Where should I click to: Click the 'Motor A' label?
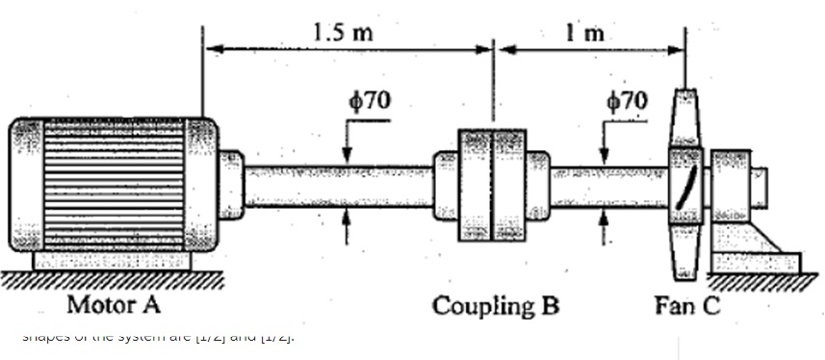(x=114, y=306)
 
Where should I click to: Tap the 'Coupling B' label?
(x=495, y=306)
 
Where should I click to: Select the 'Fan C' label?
(x=685, y=306)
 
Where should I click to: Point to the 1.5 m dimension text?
(x=344, y=32)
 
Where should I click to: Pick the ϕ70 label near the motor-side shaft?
(x=368, y=100)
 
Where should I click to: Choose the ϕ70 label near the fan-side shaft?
(x=627, y=100)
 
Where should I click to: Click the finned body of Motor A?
(x=114, y=184)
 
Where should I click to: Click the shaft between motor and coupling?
(x=337, y=186)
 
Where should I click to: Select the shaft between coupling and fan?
(x=606, y=186)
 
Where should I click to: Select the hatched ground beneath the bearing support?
(x=761, y=281)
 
